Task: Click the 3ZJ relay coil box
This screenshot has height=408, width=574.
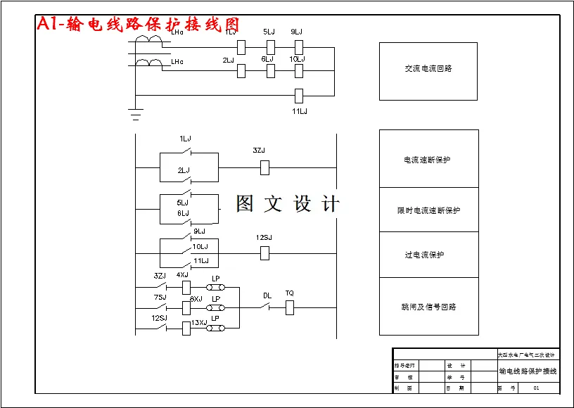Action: pyautogui.click(x=265, y=167)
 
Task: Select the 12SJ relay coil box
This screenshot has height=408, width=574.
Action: pyautogui.click(x=265, y=253)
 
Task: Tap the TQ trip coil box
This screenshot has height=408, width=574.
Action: pyautogui.click(x=289, y=307)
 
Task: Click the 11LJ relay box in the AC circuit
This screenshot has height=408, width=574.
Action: pyautogui.click(x=298, y=95)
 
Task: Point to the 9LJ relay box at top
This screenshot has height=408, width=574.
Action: pyautogui.click(x=298, y=47)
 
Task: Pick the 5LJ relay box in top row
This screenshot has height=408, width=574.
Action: pyautogui.click(x=270, y=47)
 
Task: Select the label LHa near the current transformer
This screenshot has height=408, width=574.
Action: pyautogui.click(x=177, y=32)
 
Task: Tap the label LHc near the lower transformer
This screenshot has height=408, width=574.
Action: pyautogui.click(x=177, y=62)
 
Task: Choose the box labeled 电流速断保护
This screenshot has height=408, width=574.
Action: pyautogui.click(x=428, y=159)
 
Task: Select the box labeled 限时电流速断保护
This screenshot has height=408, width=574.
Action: pyautogui.click(x=428, y=210)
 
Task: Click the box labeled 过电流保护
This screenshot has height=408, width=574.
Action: pyautogui.click(x=428, y=255)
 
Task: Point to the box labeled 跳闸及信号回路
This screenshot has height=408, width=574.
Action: pyautogui.click(x=428, y=307)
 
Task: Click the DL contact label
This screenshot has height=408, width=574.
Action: pyautogui.click(x=267, y=295)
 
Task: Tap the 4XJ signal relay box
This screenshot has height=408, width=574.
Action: pyautogui.click(x=186, y=287)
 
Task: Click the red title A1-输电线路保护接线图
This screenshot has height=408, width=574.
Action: pyautogui.click(x=138, y=25)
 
